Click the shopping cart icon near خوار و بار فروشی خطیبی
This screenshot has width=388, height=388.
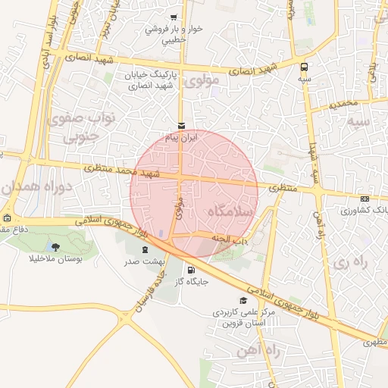click(174, 17)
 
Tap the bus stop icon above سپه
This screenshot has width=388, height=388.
click(304, 66)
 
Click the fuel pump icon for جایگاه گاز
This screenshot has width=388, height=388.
click(189, 270)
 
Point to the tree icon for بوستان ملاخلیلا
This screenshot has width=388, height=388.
click(55, 246)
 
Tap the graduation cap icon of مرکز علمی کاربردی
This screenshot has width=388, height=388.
click(242, 300)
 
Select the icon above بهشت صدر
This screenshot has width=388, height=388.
click(144, 250)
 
